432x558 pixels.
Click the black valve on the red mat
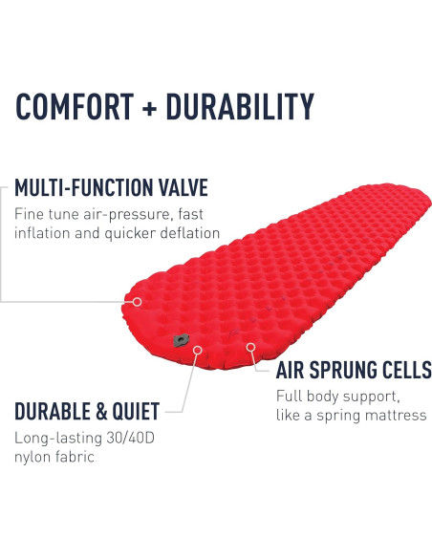point(179,339)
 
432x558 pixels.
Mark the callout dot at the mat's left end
point(137,301)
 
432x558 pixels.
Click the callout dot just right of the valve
point(198,350)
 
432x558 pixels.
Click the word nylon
point(32,457)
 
